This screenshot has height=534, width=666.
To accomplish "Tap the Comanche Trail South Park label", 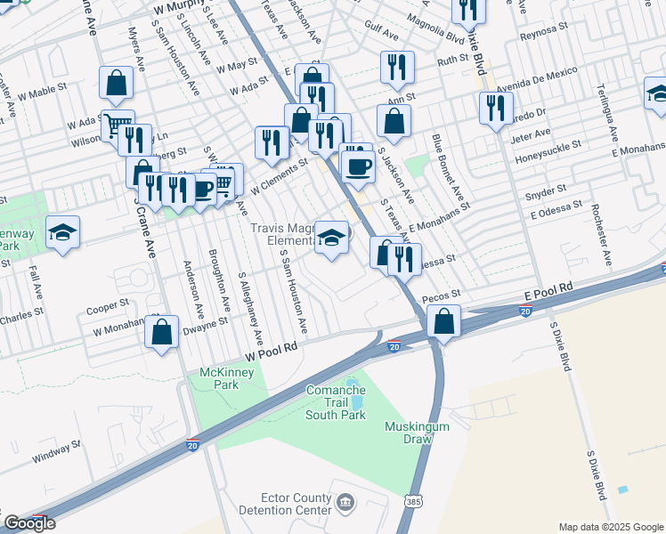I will (x=336, y=402).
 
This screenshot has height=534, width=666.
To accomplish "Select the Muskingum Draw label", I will (x=417, y=433).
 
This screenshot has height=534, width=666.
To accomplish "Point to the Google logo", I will (x=29, y=523).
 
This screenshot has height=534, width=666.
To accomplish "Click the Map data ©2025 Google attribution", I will (x=611, y=527).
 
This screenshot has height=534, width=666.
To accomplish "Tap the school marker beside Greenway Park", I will (x=63, y=232).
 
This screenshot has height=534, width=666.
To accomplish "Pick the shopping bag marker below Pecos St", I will (x=443, y=321).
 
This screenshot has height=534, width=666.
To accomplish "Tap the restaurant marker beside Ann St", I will (x=397, y=67).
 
